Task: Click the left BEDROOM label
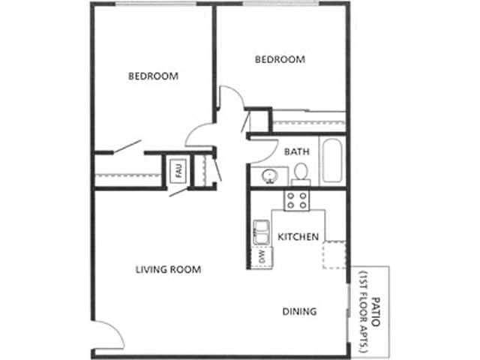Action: pyautogui.click(x=153, y=76)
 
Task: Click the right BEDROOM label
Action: pyautogui.click(x=280, y=60)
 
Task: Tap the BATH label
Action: pyautogui.click(x=296, y=151)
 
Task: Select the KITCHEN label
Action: pyautogui.click(x=299, y=237)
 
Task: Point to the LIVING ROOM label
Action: pyautogui.click(x=169, y=269)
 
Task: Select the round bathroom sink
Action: pyautogui.click(x=268, y=177)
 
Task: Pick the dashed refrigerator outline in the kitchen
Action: pyautogui.click(x=334, y=255)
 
